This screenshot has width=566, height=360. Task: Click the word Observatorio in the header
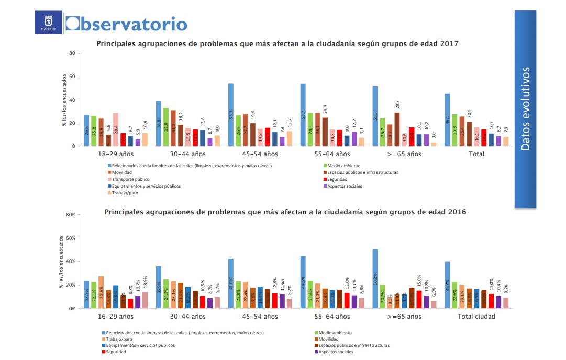coord(126,24)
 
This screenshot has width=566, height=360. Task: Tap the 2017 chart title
coord(278,44)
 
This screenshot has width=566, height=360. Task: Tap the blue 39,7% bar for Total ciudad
coord(447,285)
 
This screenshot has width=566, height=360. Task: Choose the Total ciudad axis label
coord(476,317)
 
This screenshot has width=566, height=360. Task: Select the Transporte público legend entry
coord(124,179)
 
